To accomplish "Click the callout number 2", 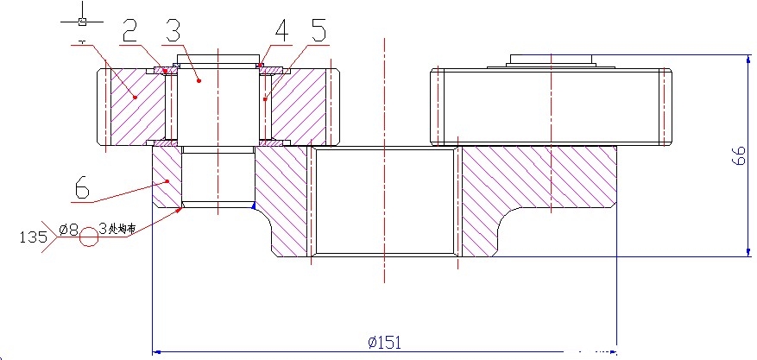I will pyautogui.click(x=129, y=32).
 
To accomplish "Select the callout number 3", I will pyautogui.click(x=173, y=32).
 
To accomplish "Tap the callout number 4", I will pyautogui.click(x=281, y=32).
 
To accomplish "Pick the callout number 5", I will pyautogui.click(x=319, y=32).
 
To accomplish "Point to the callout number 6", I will pyautogui.click(x=83, y=186).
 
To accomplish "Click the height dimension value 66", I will pyautogui.click(x=739, y=155).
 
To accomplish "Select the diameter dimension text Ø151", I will pyautogui.click(x=385, y=342).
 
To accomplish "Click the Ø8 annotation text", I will pyautogui.click(x=68, y=230).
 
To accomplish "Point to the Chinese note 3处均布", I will pyautogui.click(x=117, y=230).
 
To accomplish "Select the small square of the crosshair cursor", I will pyautogui.click(x=82, y=20).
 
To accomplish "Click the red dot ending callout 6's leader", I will pyautogui.click(x=166, y=181).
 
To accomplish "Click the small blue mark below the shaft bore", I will pyautogui.click(x=253, y=205).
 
